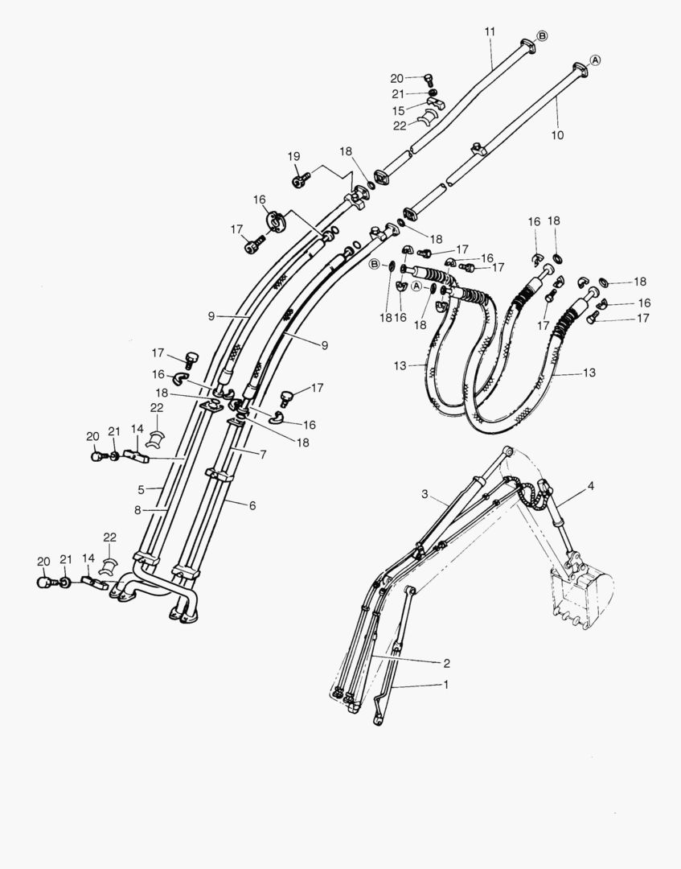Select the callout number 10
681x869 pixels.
coord(557,135)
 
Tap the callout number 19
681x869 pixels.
coord(293,155)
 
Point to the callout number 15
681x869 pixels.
coord(399,109)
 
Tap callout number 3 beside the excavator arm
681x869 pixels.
coord(425,493)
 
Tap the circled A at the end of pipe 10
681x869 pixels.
coord(596,60)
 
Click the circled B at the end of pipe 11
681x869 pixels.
coord(541,36)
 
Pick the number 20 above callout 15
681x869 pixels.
coord(396,78)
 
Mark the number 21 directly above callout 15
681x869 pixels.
coord(399,94)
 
